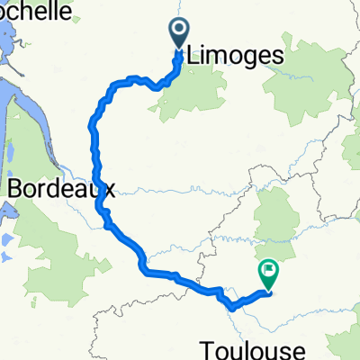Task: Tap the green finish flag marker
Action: tap(269, 270)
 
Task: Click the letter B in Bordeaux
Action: tap(16, 190)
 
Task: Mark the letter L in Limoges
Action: tap(194, 56)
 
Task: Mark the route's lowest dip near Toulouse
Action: tap(232, 307)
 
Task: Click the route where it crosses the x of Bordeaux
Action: tap(100, 191)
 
